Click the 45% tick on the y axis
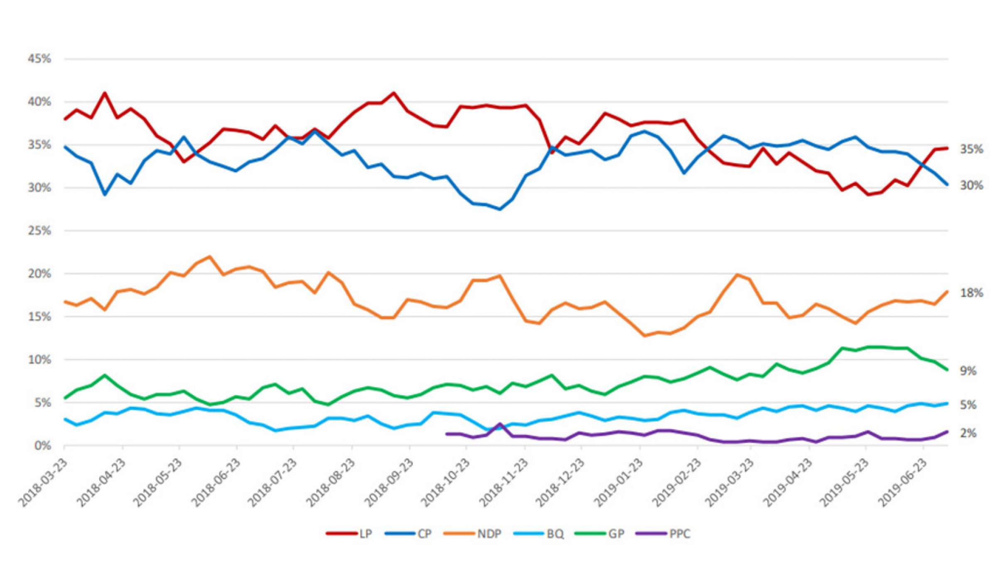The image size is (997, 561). [39, 59]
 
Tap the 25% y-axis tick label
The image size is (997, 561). [39, 231]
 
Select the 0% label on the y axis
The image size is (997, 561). [42, 446]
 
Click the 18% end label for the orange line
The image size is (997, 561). [971, 293]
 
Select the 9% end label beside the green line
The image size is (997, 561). [968, 371]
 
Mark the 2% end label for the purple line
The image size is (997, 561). [968, 433]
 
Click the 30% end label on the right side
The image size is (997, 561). [971, 185]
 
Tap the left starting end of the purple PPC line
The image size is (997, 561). [447, 434]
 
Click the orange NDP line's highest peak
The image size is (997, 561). [210, 257]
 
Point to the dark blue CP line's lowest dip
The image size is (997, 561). [500, 209]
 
